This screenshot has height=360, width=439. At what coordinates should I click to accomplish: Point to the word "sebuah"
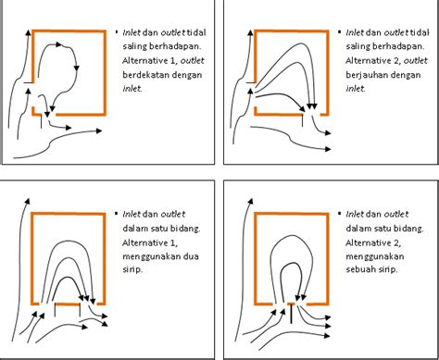[x=359, y=269]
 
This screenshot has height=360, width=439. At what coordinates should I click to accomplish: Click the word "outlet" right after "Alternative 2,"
[x=416, y=60]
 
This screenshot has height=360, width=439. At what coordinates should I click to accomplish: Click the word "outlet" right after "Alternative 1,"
[x=193, y=60]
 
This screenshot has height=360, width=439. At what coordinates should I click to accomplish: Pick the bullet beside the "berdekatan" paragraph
[x=117, y=31]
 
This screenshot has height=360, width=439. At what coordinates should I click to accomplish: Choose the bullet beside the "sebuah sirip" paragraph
[x=340, y=213]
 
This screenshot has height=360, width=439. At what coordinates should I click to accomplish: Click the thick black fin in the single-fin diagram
[x=291, y=314]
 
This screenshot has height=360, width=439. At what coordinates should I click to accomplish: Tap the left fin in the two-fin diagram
[x=55, y=310]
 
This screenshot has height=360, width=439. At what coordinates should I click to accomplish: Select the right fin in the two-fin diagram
[x=80, y=310]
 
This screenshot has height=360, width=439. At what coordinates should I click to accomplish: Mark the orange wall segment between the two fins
[x=68, y=304]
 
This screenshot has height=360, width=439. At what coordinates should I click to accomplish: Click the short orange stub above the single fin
[x=291, y=304]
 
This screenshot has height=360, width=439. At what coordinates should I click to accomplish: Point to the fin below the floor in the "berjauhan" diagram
[x=302, y=120]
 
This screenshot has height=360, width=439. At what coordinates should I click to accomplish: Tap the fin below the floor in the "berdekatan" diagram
[x=41, y=122]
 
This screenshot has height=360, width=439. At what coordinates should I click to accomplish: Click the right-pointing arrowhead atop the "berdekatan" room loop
[x=58, y=44]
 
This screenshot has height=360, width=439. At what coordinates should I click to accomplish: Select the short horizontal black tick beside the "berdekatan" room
[x=28, y=82]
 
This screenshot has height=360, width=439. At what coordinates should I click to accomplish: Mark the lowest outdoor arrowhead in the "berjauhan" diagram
[x=328, y=149]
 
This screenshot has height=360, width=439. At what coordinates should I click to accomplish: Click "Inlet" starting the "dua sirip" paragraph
[x=132, y=214]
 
